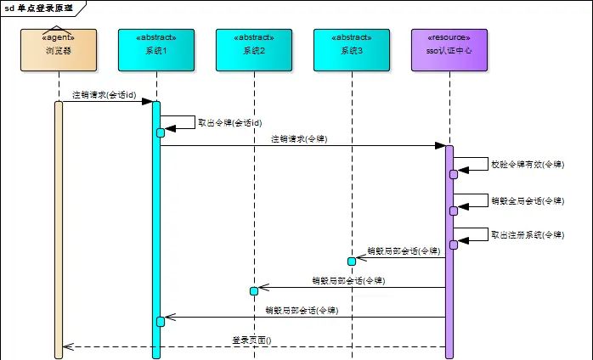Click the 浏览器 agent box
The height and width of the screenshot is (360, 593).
pyautogui.click(x=59, y=50)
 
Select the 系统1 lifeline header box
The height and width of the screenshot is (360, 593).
pyautogui.click(x=156, y=50)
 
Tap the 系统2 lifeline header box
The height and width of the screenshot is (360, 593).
pyautogui.click(x=254, y=50)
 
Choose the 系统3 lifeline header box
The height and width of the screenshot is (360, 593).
pyautogui.click(x=352, y=50)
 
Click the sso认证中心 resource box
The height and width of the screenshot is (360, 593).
pyautogui.click(x=449, y=50)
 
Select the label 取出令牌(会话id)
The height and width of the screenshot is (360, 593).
pyautogui.click(x=229, y=122)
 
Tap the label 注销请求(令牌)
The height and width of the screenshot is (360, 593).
pyautogui.click(x=299, y=138)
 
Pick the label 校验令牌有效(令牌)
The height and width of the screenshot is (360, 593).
pyautogui.click(x=527, y=165)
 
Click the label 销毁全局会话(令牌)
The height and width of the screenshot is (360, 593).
pyautogui.click(x=527, y=201)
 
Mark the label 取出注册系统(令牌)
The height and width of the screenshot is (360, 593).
pyautogui.click(x=527, y=234)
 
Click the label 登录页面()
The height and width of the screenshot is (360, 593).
pyautogui.click(x=257, y=340)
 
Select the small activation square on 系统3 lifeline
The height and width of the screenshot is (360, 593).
pyautogui.click(x=351, y=261)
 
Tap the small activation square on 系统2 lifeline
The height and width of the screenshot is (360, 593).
pyautogui.click(x=254, y=291)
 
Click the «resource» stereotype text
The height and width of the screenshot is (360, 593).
pyautogui.click(x=449, y=38)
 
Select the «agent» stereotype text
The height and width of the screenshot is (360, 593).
pyautogui.click(x=59, y=38)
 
